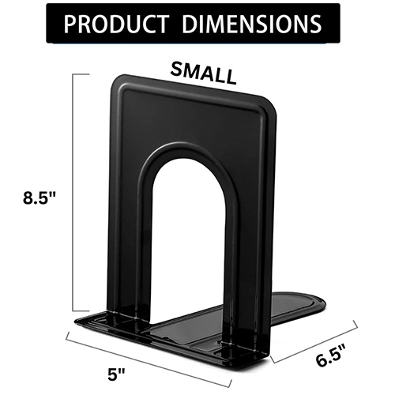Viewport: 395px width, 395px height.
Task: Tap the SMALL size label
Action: pyautogui.click(x=204, y=73)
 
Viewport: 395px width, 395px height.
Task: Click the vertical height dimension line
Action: pyautogui.click(x=74, y=194)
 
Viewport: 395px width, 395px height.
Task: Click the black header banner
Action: pyautogui.click(x=197, y=24)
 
